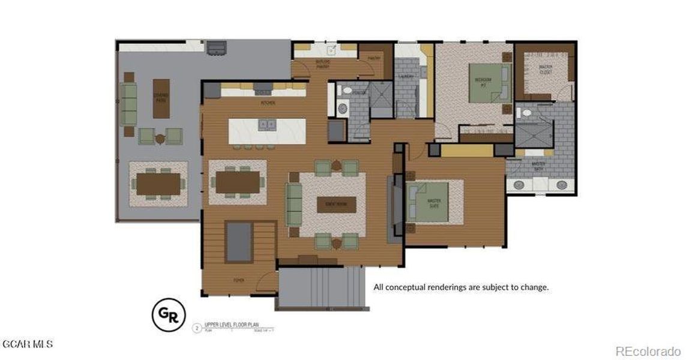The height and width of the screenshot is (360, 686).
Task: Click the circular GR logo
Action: pyautogui.click(x=167, y=315)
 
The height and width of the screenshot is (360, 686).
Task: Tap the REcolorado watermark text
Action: pyautogui.click(x=648, y=350)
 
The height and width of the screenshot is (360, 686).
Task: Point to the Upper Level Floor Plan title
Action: pyautogui.click(x=230, y=324)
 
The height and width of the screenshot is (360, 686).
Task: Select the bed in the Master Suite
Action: pyautogui.click(x=427, y=202)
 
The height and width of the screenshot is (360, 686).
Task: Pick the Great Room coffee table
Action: pyautogui.click(x=336, y=204)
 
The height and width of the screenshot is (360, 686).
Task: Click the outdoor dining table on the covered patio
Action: pyautogui.click(x=158, y=184)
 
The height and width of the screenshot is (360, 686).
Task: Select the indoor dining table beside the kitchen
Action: pyautogui.click(x=237, y=182)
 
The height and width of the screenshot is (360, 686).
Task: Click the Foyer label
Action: pyautogui.click(x=239, y=280)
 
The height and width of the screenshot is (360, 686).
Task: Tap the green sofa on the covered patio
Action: pyautogui.click(x=128, y=103)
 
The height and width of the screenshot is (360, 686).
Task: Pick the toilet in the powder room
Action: pyautogui.click(x=345, y=91)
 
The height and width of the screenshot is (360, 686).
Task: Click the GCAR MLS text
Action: pyautogui.click(x=28, y=344)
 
